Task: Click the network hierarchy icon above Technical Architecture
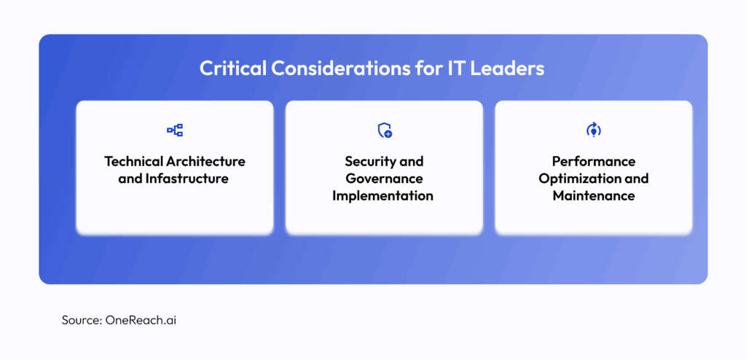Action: tap(175, 130)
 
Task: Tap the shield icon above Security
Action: tap(384, 130)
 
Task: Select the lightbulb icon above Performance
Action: tap(593, 130)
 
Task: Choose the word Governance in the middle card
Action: tap(384, 179)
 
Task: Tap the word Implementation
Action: tap(384, 196)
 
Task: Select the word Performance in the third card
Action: tap(593, 161)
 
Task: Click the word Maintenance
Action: tap(593, 196)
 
